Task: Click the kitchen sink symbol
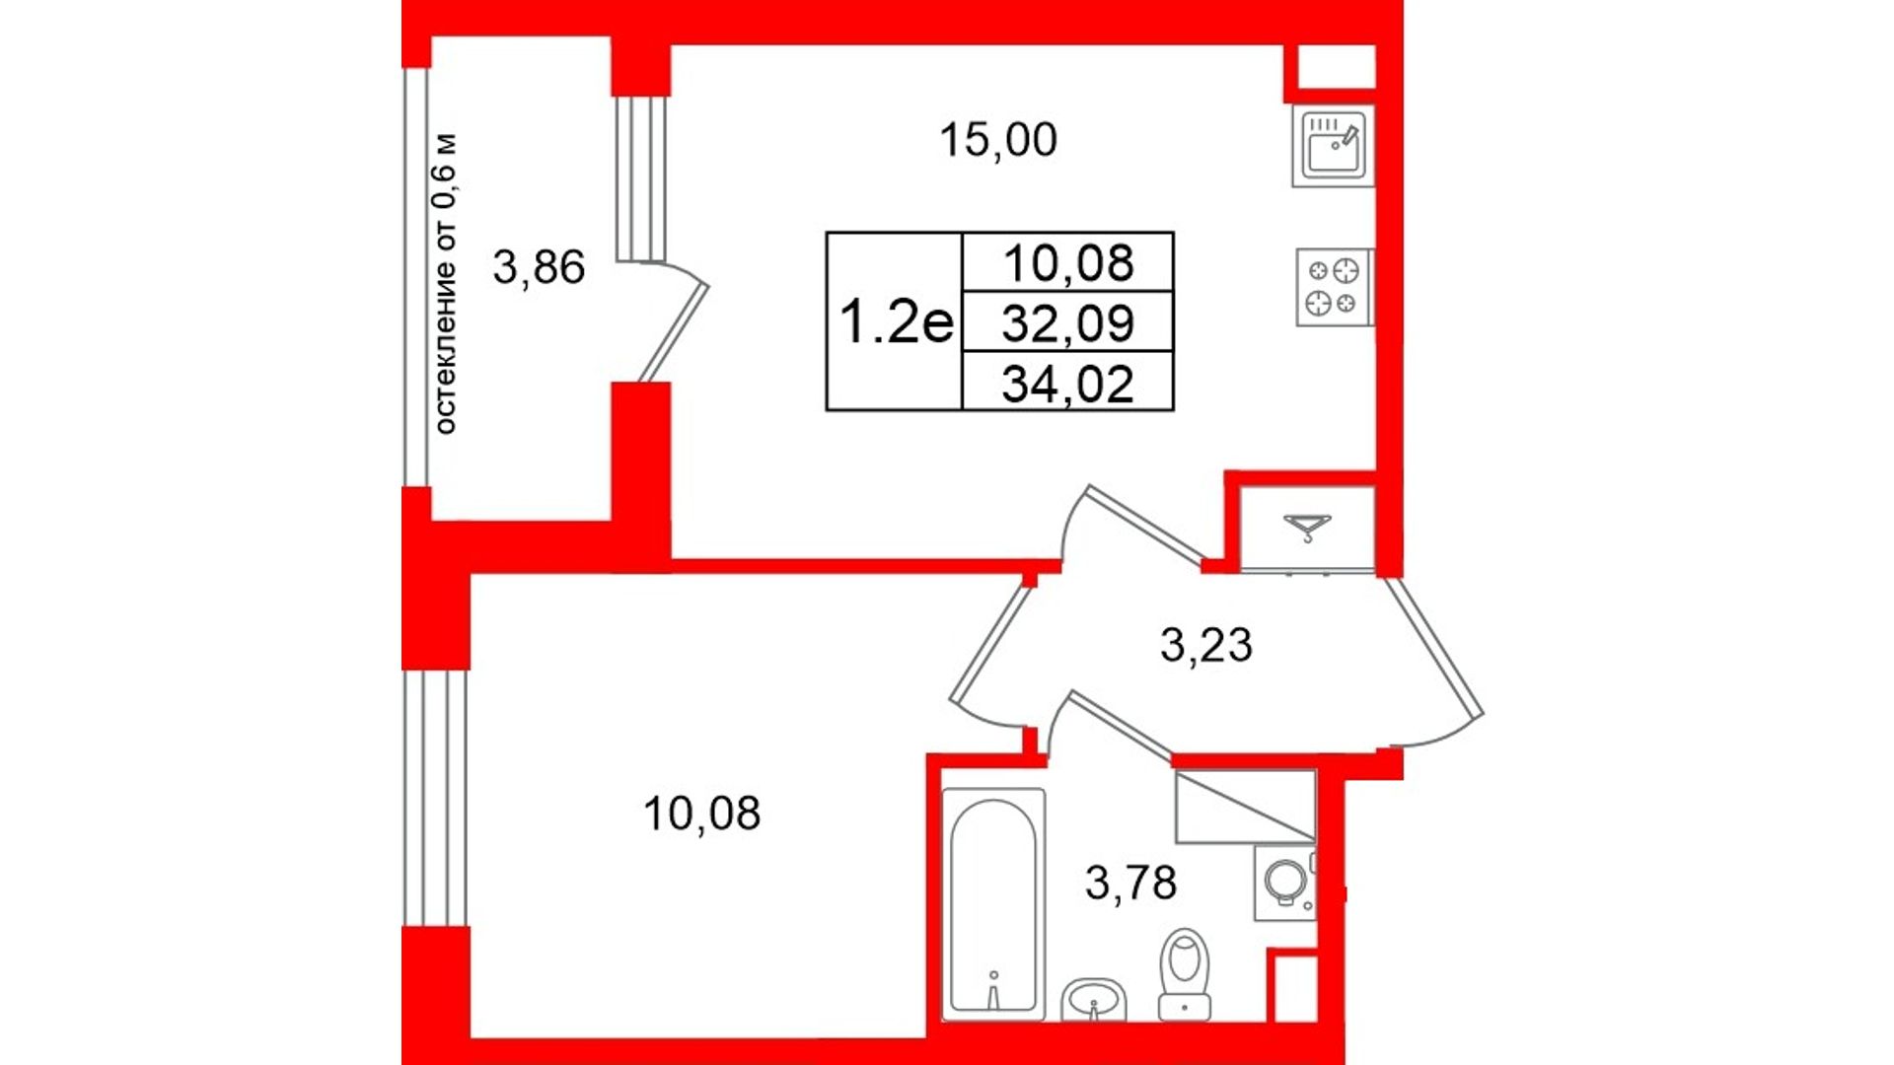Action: (1333, 146)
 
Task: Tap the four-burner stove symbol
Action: (1334, 287)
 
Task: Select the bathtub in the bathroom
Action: (993, 903)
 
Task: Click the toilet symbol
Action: (1185, 973)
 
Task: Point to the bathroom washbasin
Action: (1094, 1000)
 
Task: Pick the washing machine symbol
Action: (1284, 882)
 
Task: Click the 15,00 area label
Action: (998, 140)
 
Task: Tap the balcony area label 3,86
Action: (539, 267)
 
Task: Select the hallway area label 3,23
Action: (1205, 645)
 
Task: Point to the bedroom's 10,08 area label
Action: (701, 814)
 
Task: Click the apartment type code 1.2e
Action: (897, 322)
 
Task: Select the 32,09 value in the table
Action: (1068, 322)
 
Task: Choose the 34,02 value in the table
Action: (1068, 383)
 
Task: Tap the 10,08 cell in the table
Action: (1068, 263)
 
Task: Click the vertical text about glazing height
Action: (446, 283)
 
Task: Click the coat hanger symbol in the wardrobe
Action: (1307, 528)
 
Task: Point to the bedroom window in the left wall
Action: (435, 799)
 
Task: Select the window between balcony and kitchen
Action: (641, 178)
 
